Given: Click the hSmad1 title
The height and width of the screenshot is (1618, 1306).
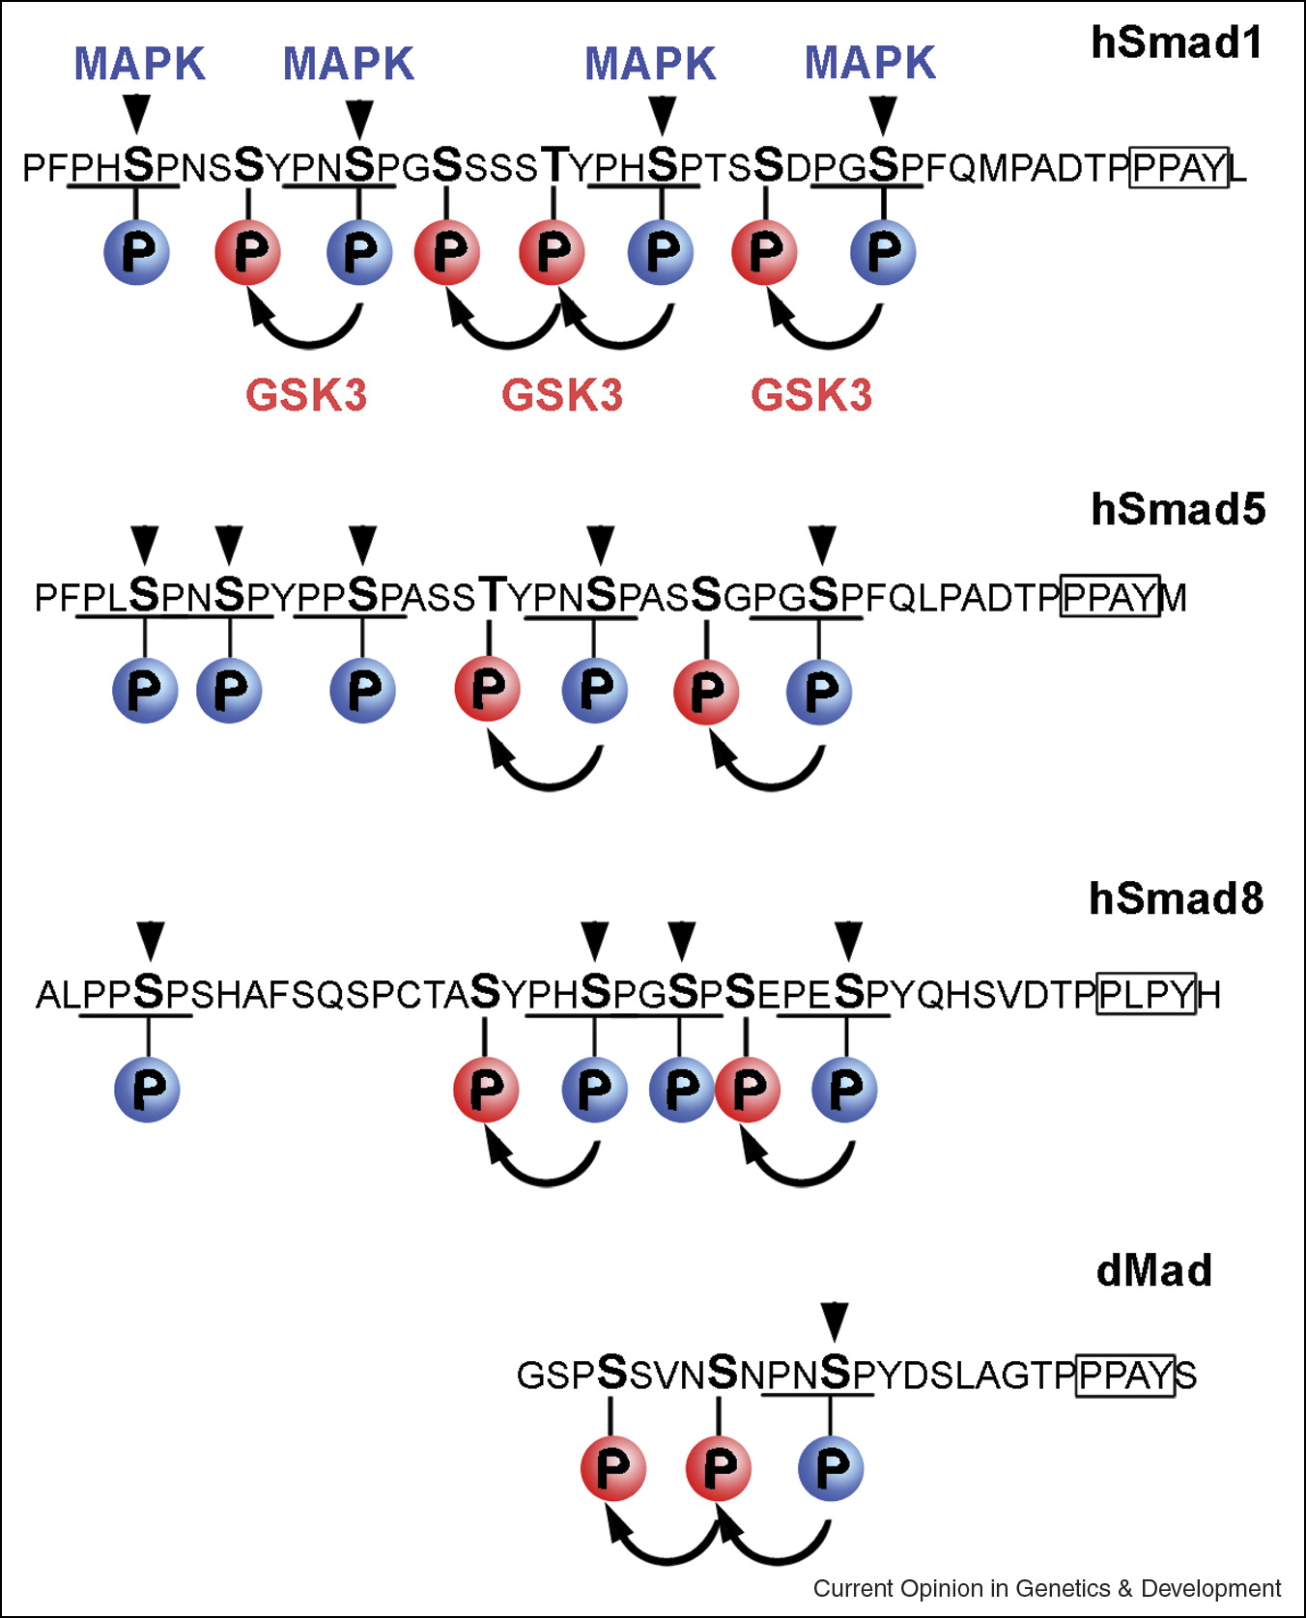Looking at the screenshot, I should coord(1177,43).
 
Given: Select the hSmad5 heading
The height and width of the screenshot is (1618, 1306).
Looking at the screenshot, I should coord(1178,509).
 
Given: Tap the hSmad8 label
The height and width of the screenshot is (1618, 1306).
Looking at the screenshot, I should coord(1176,898).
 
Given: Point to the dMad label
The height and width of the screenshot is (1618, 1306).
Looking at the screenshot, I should coord(1154,1270).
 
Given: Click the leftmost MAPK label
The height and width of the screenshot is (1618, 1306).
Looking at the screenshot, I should coord(140,64).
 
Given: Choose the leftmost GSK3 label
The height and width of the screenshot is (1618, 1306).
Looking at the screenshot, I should coord(306,395).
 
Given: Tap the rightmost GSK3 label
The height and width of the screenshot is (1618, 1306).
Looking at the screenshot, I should coord(811,395).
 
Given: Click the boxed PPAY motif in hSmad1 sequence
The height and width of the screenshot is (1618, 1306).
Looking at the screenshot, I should coord(1178,168).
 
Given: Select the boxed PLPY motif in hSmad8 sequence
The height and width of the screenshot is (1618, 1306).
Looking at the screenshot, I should coord(1147,994).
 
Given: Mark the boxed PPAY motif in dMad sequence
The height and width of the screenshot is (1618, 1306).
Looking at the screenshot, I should coord(1125,1375).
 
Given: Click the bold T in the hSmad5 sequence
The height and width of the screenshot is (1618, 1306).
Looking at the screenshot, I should coord(492,595).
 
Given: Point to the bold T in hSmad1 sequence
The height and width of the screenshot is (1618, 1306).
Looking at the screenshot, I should coord(554,165).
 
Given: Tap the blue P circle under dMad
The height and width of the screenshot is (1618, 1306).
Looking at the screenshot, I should coord(831,1468).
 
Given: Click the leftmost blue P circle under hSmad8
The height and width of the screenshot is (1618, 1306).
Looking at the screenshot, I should coord(147,1089).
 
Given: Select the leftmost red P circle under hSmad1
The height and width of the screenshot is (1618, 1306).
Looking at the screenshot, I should coord(248,252).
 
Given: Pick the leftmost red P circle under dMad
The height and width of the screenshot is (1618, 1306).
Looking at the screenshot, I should coord(612,1468).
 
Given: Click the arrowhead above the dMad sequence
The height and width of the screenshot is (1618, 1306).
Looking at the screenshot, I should coord(835,1320).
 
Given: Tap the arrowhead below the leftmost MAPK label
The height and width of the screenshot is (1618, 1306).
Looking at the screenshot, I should coord(137,112).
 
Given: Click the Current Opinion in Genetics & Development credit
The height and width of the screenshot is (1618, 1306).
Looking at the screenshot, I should coord(1046,1589).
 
